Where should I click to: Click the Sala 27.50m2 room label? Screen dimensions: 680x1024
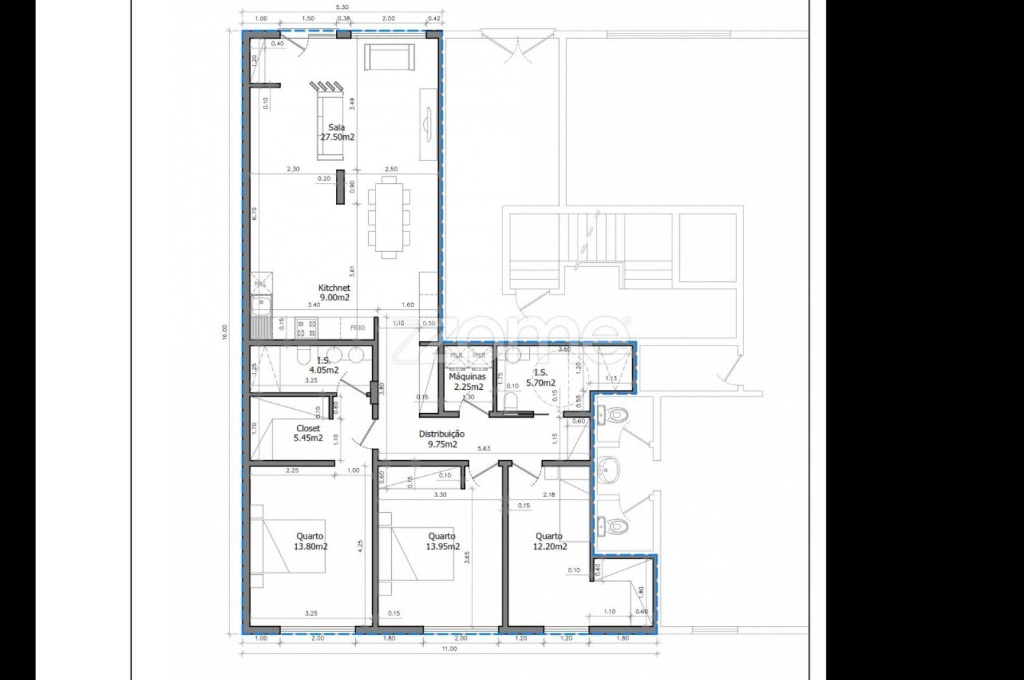coord(337,132)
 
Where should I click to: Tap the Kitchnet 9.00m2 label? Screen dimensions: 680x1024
coord(335,293)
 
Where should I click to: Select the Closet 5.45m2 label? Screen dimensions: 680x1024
coord(308,434)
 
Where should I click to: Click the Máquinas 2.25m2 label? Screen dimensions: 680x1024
coord(468,382)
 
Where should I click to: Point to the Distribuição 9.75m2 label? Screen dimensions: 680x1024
coord(442,439)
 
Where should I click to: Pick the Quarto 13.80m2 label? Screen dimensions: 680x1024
coord(310,541)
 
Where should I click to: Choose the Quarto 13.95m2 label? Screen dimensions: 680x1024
coord(442,541)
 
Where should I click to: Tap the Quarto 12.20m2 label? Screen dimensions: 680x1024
coord(550,541)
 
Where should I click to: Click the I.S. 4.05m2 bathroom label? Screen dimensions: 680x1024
coord(324,365)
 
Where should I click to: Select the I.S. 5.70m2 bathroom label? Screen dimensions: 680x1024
coord(540,378)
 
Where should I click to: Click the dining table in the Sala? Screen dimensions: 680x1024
coord(389,217)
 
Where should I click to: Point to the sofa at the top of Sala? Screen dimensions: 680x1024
coord(389,57)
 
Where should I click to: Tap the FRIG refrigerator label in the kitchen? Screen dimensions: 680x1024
coord(358,328)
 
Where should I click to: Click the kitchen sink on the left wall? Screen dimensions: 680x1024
coord(260,304)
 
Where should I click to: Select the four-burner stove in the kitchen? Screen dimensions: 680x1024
coord(306,328)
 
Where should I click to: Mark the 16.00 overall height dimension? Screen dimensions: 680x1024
coord(225,332)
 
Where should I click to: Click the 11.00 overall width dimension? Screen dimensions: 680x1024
coord(449,649)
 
